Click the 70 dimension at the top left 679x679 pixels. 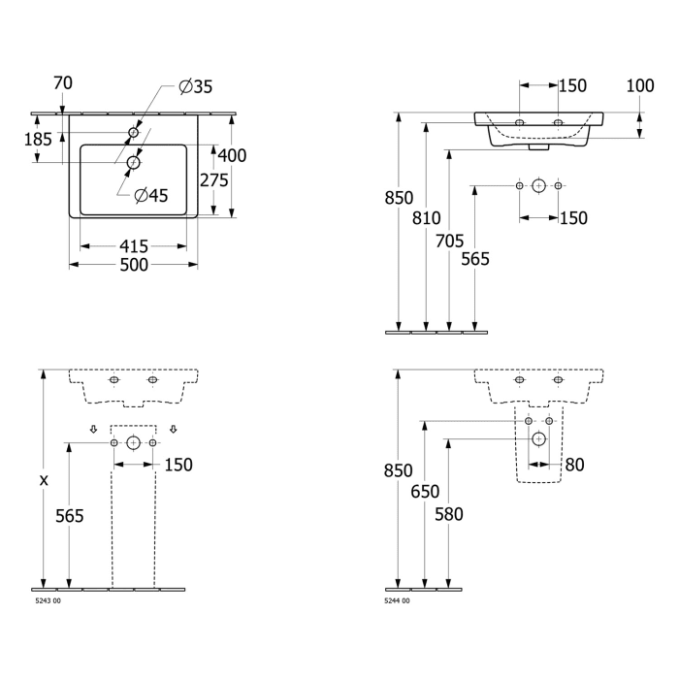[63, 83]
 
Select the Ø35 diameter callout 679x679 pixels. [196, 87]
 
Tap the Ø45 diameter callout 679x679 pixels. [151, 195]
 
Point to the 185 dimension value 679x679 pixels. [38, 140]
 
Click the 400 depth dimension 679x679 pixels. [232, 155]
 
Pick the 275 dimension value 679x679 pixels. [213, 179]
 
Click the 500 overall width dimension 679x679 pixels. [133, 265]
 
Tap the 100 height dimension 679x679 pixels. [639, 85]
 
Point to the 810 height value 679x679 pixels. [427, 219]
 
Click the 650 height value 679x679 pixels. [426, 493]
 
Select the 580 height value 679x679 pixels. [449, 514]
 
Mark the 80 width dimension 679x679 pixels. [575, 465]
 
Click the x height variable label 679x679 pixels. [43, 479]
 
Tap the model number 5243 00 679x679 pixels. [47, 601]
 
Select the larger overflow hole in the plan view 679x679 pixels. [133, 162]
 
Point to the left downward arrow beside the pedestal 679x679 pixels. [94, 429]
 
